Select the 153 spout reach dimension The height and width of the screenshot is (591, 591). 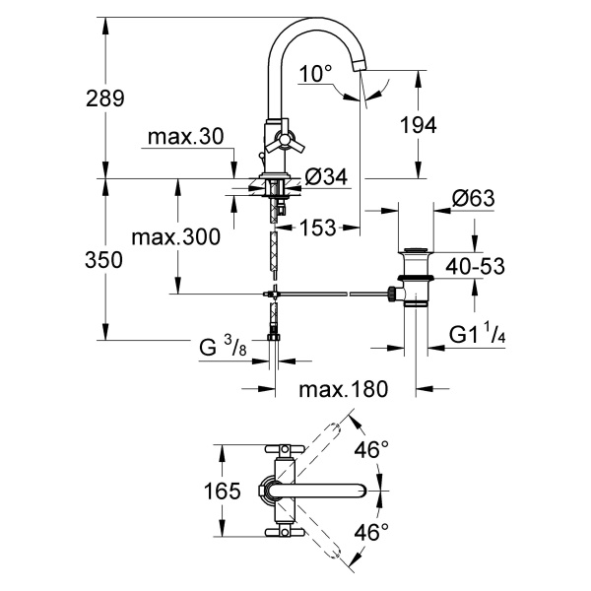[316, 228]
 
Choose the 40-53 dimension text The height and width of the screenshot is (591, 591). [475, 265]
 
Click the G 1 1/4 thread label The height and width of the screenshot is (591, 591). [478, 335]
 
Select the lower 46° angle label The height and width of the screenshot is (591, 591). [370, 532]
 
